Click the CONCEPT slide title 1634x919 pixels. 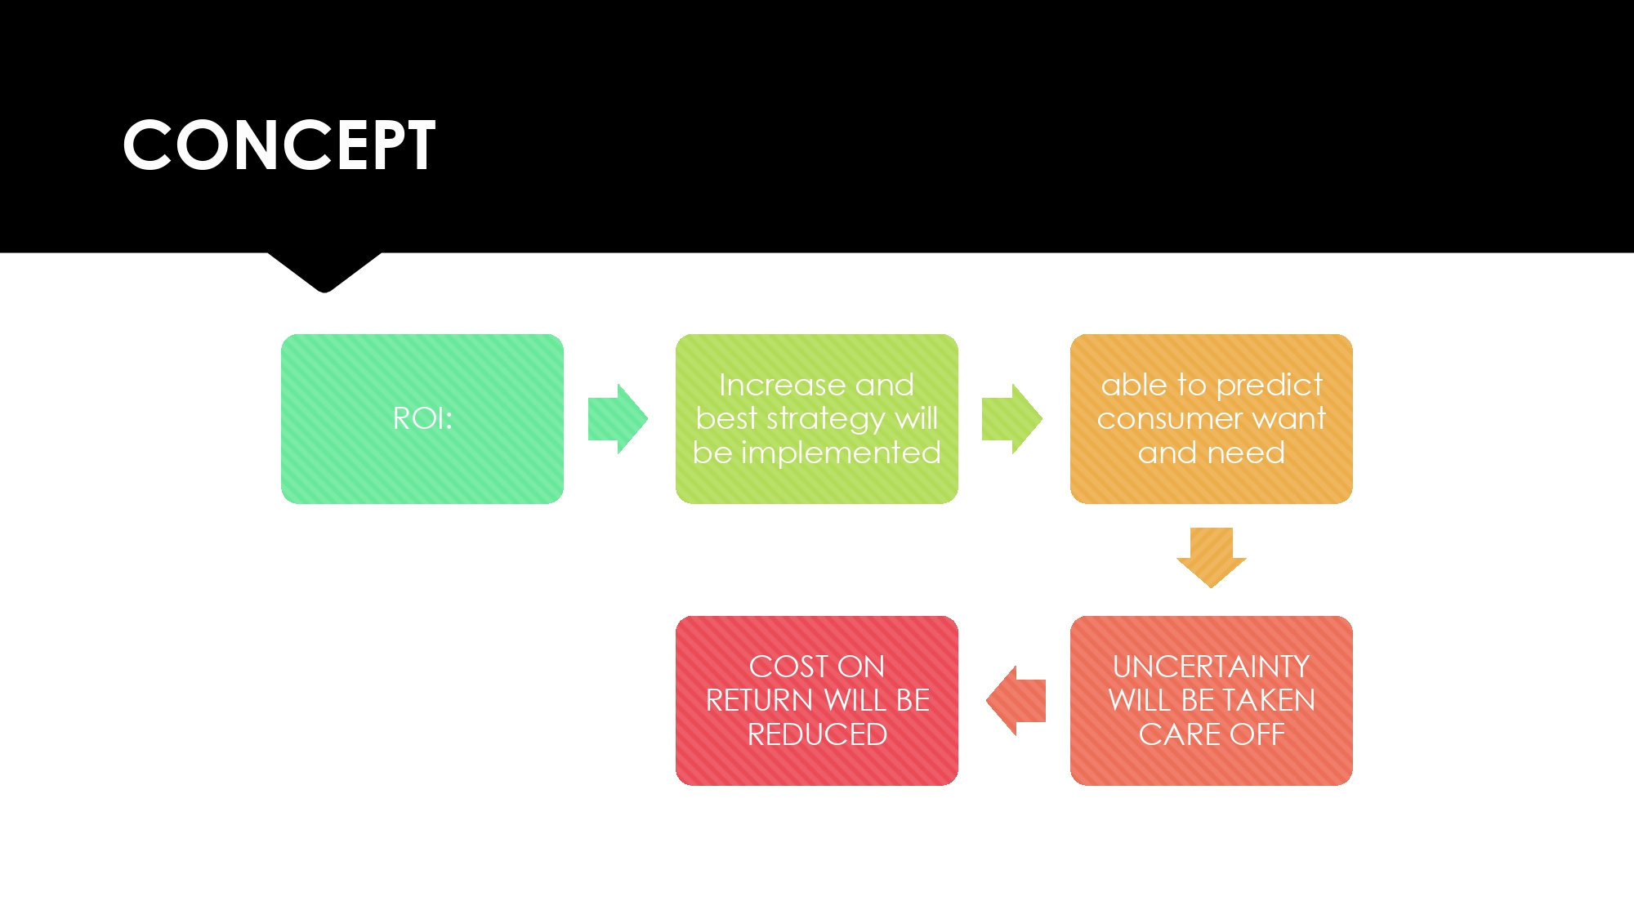point(279,145)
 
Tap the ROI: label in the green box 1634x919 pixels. point(422,418)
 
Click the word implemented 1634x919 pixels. point(841,453)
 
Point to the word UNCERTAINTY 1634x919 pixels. point(1211,667)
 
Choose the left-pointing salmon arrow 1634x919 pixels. point(1016,701)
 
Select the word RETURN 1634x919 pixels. point(759,701)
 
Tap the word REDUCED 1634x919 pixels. point(817,734)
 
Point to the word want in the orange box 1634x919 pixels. point(1289,419)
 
